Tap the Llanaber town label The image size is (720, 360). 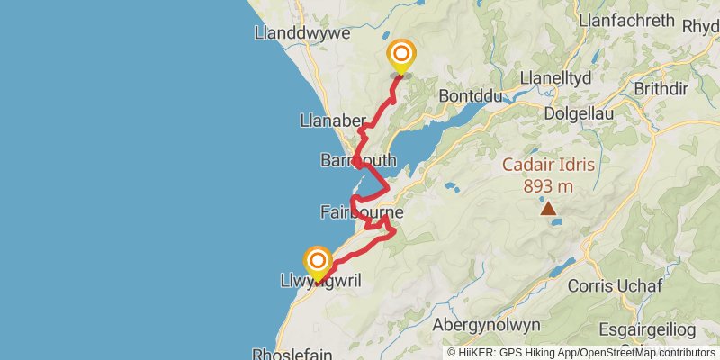click(328, 121)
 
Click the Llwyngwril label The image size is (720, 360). click(321, 282)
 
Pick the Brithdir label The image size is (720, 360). click(668, 88)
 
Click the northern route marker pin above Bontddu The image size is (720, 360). click(400, 57)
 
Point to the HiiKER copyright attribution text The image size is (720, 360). click(581, 353)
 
